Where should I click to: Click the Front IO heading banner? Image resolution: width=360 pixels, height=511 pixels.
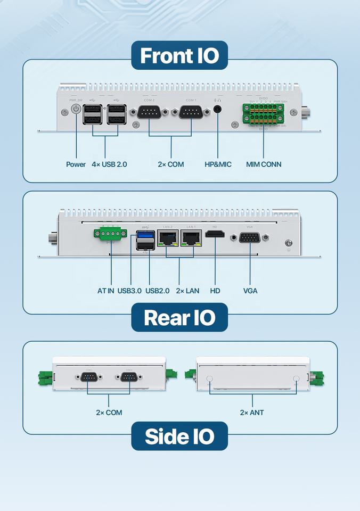tap(179, 56)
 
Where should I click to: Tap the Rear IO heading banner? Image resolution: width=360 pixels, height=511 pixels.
tap(179, 318)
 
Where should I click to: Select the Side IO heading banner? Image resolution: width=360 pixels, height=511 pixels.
tap(179, 436)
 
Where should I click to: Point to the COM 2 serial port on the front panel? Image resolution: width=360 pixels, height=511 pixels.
tap(149, 112)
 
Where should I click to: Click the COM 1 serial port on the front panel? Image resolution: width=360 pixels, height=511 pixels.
tap(191, 112)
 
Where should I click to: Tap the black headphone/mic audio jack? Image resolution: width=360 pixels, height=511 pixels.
tap(218, 109)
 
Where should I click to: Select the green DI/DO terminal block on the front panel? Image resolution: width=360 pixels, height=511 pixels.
tap(263, 113)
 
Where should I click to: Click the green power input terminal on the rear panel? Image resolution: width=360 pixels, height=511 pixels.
tap(110, 234)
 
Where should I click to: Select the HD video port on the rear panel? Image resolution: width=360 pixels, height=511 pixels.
tap(215, 235)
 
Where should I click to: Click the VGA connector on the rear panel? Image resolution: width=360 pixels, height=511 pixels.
tap(250, 237)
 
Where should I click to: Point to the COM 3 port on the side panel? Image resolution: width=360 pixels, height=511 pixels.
tap(88, 377)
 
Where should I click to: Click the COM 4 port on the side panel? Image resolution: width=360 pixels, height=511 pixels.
tap(129, 377)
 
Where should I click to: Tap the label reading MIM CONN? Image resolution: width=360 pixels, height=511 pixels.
tap(264, 164)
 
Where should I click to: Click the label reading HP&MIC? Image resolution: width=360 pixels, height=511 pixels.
tap(218, 164)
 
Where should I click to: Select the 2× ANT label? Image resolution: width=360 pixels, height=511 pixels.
tap(251, 413)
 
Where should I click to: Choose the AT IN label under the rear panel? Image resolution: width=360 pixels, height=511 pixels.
tap(106, 291)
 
